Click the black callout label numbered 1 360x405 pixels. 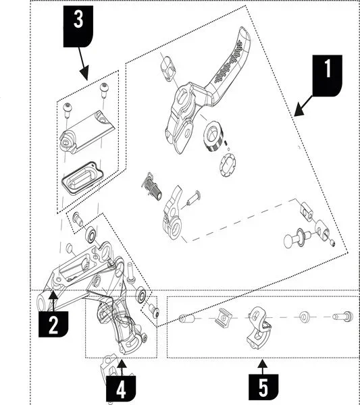[x=328, y=76]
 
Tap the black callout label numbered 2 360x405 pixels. [x=53, y=324]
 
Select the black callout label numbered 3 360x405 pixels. [x=78, y=26]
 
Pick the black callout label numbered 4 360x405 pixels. [x=121, y=389]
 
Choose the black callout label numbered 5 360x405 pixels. [x=263, y=386]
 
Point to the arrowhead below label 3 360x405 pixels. [x=84, y=74]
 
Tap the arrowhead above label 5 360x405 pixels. [x=263, y=364]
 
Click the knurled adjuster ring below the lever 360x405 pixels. [x=213, y=136]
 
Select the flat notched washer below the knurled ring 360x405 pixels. [x=228, y=165]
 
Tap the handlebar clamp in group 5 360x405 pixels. [x=259, y=327]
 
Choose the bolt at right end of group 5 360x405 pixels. [x=342, y=317]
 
